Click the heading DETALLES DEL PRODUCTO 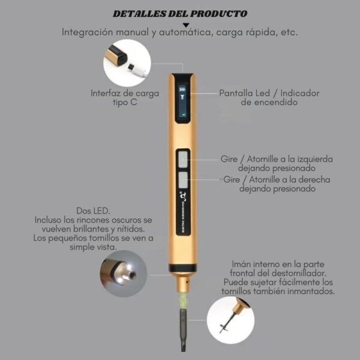pos(180,14)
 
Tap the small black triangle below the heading pos(186,25)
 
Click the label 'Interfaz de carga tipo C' pos(125,98)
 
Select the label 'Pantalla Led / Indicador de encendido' pos(269,98)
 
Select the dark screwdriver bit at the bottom pos(183,329)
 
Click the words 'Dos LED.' pos(93,211)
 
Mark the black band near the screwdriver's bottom pos(182,268)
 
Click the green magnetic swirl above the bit pos(183,300)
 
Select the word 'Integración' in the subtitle pos(87,32)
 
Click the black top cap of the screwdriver pos(182,77)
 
